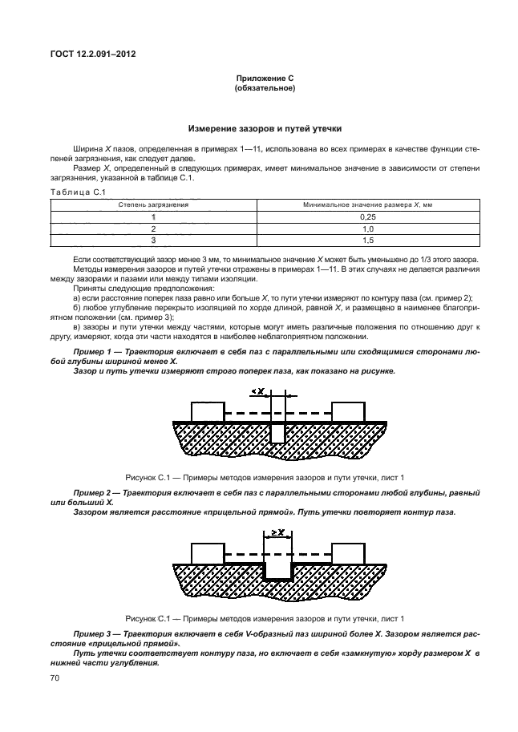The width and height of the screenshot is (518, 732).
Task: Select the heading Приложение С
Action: pos(265,79)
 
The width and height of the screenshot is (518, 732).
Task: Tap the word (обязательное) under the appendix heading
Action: pos(265,89)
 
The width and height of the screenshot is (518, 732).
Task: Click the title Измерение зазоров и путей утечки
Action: pos(265,128)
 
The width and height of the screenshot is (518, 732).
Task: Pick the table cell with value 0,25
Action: pos(368,216)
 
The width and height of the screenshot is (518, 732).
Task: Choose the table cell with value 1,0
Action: pos(368,228)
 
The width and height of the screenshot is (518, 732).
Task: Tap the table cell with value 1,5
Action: pos(368,241)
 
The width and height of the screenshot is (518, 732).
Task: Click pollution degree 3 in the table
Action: pos(152,241)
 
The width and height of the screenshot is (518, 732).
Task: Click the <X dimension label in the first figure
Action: pos(258,390)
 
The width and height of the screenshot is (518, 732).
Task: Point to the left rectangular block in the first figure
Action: pos(207,410)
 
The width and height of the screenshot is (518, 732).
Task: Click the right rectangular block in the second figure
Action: pos(348,554)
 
